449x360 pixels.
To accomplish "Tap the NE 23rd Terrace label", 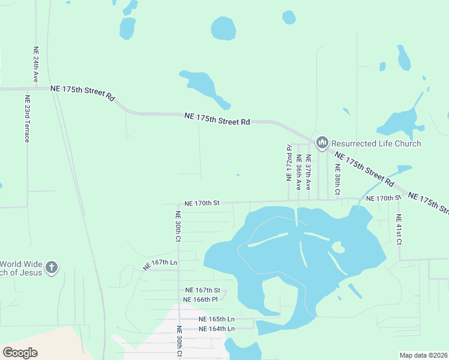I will tap(27, 119).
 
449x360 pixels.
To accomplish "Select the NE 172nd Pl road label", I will tap(289, 163).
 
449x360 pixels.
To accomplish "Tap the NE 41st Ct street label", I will tap(399, 229).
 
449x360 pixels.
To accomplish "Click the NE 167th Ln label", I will tap(160, 263).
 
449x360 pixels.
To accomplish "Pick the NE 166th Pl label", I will tap(200, 299).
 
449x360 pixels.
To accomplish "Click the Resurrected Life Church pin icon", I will tap(322, 143).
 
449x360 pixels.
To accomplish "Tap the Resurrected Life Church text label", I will tap(376, 143).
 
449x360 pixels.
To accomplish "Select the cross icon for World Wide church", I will tap(52, 267).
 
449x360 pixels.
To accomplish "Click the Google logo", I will tap(20, 353).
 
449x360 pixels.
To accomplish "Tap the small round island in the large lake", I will tap(338, 248).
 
